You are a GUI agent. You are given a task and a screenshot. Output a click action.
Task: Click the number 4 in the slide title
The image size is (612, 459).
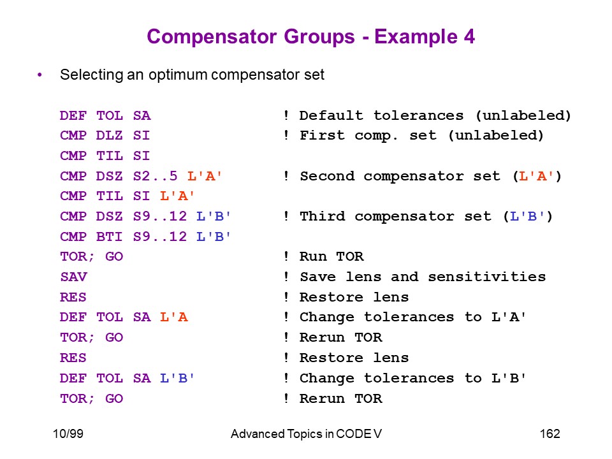coord(470,37)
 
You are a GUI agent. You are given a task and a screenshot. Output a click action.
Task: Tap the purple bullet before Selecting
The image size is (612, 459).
coord(40,75)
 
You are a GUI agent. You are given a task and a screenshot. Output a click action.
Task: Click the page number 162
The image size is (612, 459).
coord(550,433)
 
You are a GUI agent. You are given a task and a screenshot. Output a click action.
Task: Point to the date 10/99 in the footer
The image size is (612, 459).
coord(68,433)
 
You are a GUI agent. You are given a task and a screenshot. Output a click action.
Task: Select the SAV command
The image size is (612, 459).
coord(74,277)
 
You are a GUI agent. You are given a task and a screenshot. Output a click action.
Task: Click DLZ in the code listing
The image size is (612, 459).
coord(110,135)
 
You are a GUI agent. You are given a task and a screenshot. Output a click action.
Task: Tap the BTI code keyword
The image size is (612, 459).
coord(110,237)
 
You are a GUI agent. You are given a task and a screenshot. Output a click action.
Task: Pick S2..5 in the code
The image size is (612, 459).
coord(156,176)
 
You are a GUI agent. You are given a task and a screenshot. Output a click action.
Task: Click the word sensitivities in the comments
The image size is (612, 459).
coord(486,277)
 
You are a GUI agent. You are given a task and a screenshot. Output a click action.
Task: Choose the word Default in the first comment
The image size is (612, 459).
coord(331,115)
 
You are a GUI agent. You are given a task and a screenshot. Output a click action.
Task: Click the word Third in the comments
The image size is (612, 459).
coord(323,216)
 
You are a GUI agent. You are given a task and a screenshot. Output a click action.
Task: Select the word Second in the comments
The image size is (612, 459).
coord(327,176)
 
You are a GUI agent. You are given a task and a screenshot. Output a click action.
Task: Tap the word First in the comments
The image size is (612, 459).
coord(323,135)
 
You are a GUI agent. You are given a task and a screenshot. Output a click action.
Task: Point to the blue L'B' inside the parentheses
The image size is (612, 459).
coord(528,216)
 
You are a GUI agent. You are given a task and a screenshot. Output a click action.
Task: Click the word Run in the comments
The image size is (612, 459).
coord(313,257)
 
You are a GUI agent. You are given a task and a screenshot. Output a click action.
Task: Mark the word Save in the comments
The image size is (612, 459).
coord(317,277)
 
